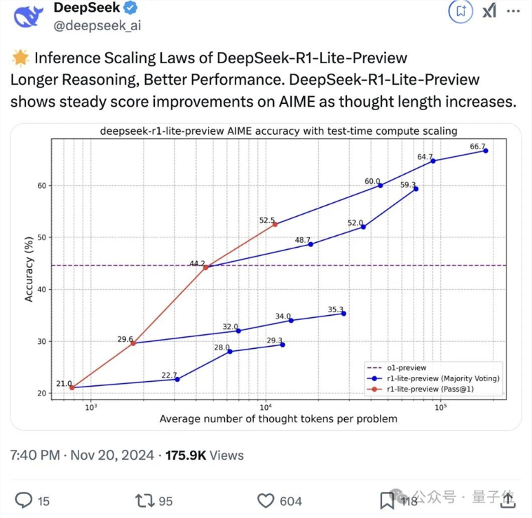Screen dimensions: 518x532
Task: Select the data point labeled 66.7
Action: pos(486,151)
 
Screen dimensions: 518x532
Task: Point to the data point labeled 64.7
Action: pos(433,161)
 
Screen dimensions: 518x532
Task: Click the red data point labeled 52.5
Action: pos(275,224)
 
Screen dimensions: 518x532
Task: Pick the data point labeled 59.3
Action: pos(416,188)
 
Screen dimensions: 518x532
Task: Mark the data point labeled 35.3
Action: pos(343,313)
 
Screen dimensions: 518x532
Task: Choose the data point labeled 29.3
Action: pos(282,344)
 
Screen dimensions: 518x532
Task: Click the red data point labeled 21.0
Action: pos(72,387)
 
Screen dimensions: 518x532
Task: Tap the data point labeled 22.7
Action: pos(177,379)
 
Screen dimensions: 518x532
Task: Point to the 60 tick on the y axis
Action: pos(43,186)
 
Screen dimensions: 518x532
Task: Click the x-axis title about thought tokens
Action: pos(278,418)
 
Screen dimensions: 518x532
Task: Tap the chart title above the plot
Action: pos(279,130)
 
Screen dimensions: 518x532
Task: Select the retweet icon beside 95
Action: pos(145,501)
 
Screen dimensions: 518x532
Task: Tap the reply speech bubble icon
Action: pos(24,501)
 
